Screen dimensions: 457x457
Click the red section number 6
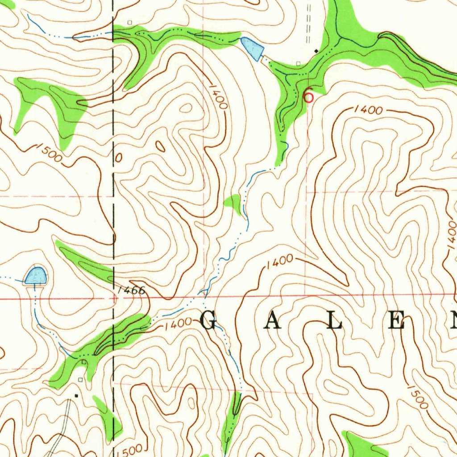point(308,96)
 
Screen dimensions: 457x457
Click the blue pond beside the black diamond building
point(252,49)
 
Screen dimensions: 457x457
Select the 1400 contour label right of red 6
point(369,110)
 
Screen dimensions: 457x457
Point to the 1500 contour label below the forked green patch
point(49,153)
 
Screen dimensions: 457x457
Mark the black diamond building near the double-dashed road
point(316,51)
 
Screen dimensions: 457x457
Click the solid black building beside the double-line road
point(76,395)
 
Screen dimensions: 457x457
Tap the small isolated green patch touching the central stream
point(233,203)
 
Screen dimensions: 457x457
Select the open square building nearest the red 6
point(298,63)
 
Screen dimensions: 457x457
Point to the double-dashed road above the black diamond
point(308,27)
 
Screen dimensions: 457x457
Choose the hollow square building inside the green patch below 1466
point(84,362)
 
